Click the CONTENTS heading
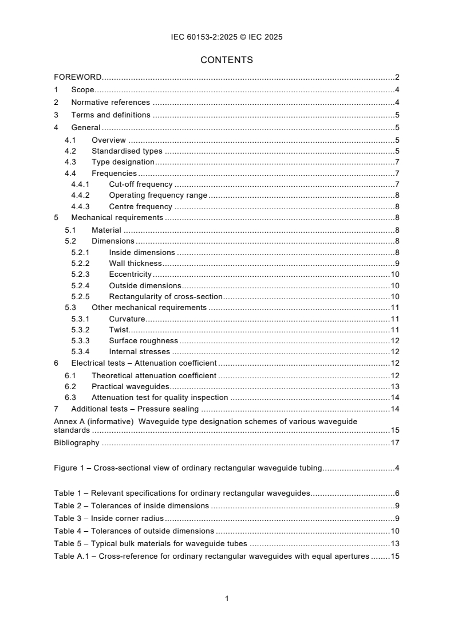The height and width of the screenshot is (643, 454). point(227,60)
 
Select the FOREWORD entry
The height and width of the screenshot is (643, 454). point(78,77)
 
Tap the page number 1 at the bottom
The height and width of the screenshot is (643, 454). point(227,598)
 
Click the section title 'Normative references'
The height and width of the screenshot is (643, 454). point(110,103)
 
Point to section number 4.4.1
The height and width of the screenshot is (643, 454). point(80,184)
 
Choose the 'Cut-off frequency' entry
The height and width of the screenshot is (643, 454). point(140,184)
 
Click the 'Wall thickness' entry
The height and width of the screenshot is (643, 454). point(135,263)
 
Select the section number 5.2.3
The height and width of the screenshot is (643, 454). point(80,275)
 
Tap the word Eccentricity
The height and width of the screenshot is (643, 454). point(130,275)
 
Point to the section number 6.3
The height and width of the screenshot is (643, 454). point(70,397)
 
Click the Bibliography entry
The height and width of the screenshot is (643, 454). point(76,442)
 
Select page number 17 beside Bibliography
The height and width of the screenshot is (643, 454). point(394,442)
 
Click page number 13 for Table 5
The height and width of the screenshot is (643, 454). point(394,543)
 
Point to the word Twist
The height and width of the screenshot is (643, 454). point(119,330)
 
